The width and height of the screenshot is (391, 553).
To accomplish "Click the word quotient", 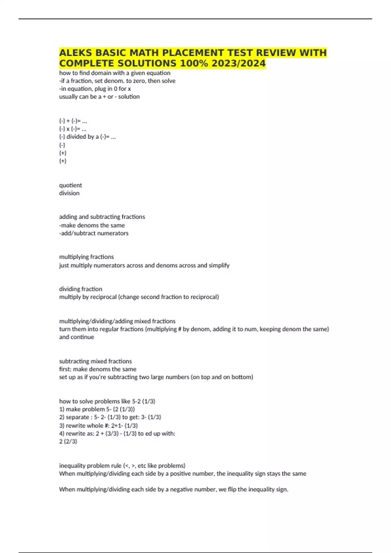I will [x=70, y=185].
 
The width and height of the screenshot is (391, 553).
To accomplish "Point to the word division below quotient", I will [x=69, y=193].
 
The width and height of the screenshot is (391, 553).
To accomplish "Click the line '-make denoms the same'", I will [x=92, y=225].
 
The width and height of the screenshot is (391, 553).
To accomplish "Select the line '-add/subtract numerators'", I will [x=94, y=233].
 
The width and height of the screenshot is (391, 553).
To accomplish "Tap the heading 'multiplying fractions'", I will [x=86, y=257].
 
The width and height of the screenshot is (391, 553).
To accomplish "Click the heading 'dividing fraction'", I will [x=80, y=289].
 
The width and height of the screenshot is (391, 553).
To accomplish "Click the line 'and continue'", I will [x=77, y=337].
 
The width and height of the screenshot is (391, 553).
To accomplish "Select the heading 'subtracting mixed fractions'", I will [x=95, y=361].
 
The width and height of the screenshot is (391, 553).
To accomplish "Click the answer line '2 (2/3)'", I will [x=68, y=441].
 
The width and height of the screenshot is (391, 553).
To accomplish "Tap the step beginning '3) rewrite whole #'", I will [x=98, y=425].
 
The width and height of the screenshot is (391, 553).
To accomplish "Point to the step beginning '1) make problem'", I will [x=97, y=409].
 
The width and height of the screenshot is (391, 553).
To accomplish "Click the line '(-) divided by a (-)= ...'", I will [x=87, y=137].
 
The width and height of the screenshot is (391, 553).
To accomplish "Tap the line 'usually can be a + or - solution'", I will [x=99, y=97].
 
